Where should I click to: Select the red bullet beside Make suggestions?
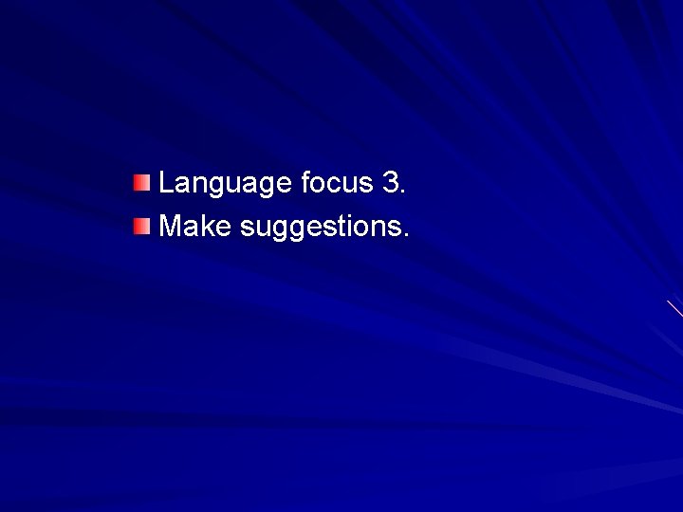[141, 227]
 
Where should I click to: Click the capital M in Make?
[172, 227]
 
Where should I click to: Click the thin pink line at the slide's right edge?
[674, 309]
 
